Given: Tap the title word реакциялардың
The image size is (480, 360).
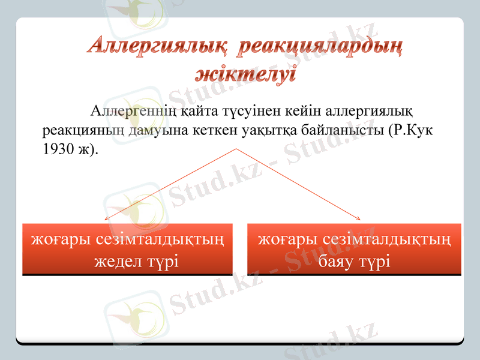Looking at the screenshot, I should [x=319, y=46].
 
